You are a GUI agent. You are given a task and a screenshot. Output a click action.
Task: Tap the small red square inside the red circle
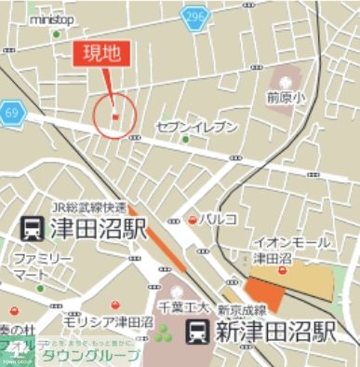[x=115, y=116]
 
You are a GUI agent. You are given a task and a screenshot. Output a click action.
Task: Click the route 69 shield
[x=11, y=111]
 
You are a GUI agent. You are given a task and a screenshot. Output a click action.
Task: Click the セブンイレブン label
[x=197, y=126]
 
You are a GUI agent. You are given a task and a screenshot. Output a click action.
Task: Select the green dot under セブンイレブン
[x=185, y=141]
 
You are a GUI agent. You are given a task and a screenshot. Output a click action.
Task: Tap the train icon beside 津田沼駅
[x=30, y=227]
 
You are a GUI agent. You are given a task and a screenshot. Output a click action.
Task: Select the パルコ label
[x=220, y=218]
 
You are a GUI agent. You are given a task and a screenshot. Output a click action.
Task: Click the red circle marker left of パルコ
[x=193, y=219]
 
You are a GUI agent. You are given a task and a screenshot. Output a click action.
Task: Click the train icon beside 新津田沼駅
[x=197, y=330]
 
